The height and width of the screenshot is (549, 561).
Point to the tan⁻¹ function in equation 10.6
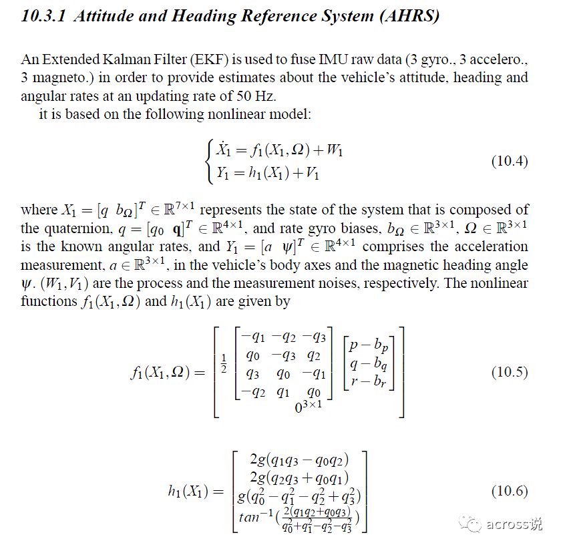261,516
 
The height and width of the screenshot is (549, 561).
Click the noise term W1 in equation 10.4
335,152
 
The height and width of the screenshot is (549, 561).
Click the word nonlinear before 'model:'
244,114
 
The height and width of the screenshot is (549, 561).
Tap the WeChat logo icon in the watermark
474,523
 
